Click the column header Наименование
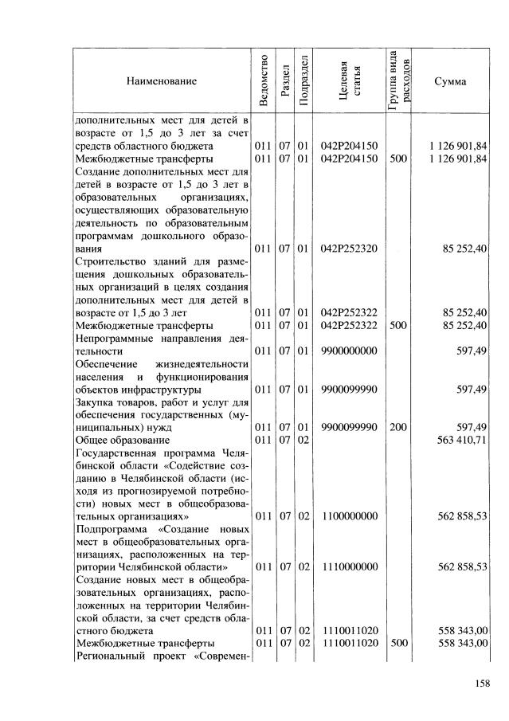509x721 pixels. click(x=160, y=81)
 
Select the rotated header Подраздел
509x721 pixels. click(x=303, y=81)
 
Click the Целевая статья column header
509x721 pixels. click(x=348, y=81)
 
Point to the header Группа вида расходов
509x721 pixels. click(x=398, y=81)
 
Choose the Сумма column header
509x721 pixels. click(x=450, y=81)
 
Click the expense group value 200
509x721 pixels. click(x=398, y=427)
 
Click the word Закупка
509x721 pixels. click(x=93, y=402)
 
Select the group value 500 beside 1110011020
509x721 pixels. click(x=398, y=644)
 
